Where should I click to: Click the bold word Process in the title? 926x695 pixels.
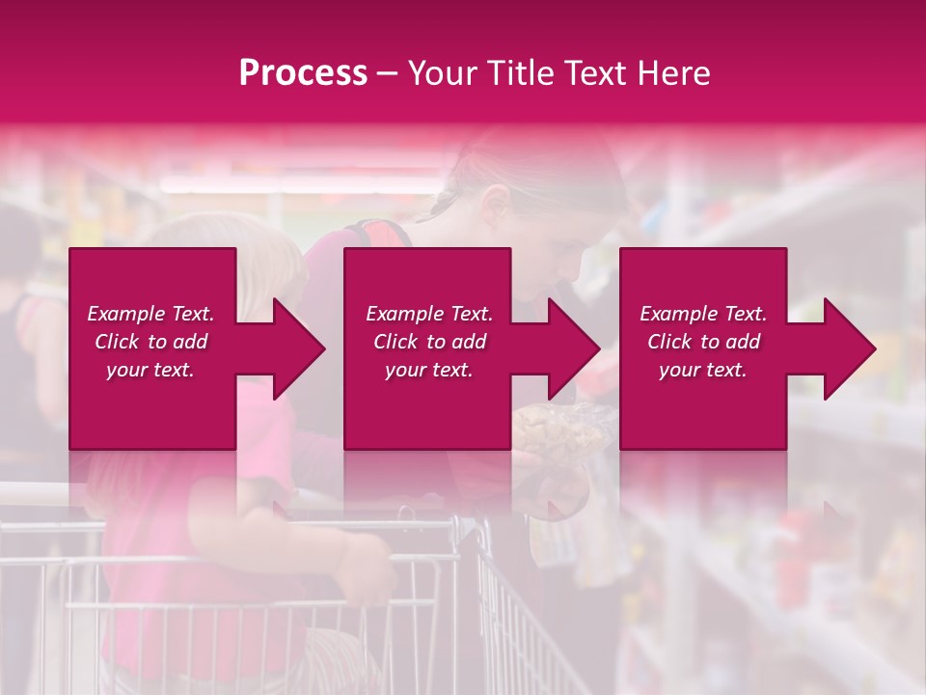[x=303, y=73]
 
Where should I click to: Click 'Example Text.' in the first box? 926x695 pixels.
[x=151, y=314]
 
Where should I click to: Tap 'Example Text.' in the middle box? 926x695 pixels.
[x=429, y=314]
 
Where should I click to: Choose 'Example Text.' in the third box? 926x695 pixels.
[x=703, y=314]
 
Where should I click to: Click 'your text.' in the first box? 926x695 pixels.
[x=151, y=370]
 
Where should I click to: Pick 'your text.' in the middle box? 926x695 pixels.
[x=429, y=370]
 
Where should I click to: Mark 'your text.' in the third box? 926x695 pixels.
[x=703, y=370]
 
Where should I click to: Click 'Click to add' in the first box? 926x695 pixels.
[x=151, y=342]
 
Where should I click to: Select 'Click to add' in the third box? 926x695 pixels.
[x=703, y=342]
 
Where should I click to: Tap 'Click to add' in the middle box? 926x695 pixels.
[x=429, y=342]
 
